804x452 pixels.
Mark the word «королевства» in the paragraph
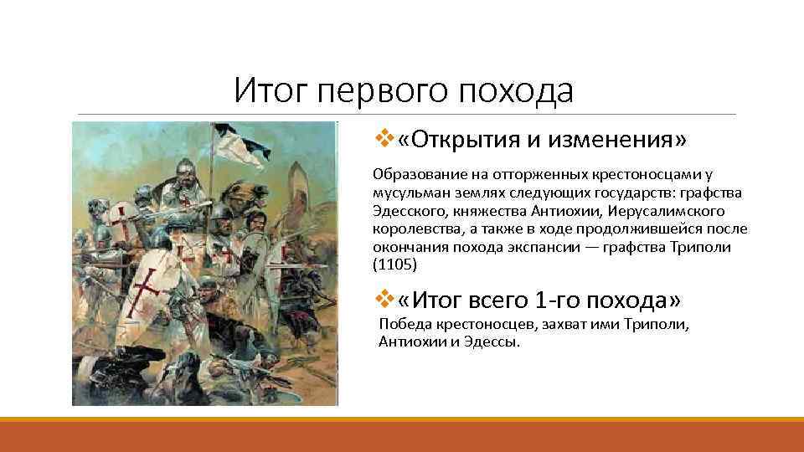click(x=415, y=229)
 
